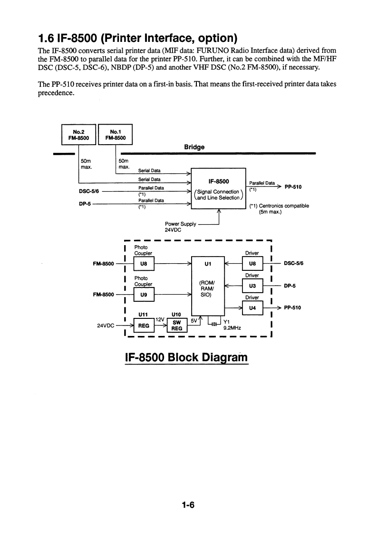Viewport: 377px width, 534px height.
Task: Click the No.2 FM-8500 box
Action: [x=79, y=134]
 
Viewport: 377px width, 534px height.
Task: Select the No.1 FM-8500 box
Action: [x=115, y=134]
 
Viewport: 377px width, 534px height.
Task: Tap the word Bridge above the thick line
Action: [x=194, y=147]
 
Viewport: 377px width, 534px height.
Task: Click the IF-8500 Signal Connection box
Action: [x=218, y=188]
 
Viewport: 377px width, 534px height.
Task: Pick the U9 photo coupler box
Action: [x=143, y=295]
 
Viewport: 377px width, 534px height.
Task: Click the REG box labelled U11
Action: [x=143, y=326]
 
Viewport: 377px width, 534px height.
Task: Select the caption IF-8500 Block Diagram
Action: [x=186, y=356]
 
